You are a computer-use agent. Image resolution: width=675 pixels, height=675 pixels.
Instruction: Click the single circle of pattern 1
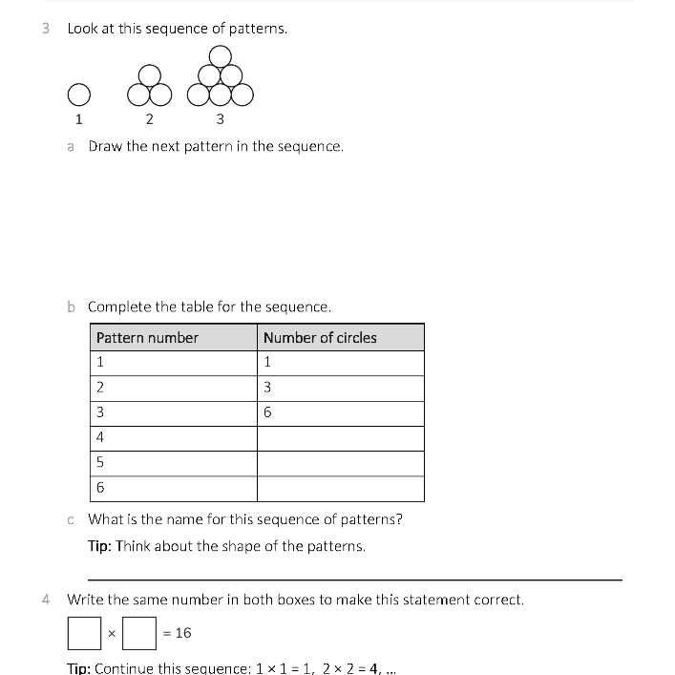point(78,94)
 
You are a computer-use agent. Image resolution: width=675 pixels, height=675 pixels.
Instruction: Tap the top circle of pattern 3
point(220,55)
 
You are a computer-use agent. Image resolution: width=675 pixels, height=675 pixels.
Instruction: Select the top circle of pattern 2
point(149,74)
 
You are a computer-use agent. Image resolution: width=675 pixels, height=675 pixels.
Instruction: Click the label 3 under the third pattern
point(221,119)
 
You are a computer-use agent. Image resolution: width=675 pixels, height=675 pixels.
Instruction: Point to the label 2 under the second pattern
point(149,119)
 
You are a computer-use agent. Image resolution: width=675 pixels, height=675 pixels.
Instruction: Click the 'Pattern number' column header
point(147,337)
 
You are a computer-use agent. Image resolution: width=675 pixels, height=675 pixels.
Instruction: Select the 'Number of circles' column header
point(320,337)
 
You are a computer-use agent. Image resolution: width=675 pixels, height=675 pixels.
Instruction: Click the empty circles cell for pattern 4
point(340,438)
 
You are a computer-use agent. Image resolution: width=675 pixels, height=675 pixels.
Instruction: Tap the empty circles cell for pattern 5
point(340,463)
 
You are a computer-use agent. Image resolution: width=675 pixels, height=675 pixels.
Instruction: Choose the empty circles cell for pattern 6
point(340,489)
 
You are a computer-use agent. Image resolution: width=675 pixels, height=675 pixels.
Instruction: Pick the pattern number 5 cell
point(173,463)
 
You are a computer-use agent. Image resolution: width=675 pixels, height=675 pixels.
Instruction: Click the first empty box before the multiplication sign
point(83,633)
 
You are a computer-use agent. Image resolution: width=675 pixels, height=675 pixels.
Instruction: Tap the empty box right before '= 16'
point(140,633)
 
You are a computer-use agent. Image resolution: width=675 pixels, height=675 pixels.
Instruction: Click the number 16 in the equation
point(183,633)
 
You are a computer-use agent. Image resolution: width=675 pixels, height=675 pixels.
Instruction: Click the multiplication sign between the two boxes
point(112,634)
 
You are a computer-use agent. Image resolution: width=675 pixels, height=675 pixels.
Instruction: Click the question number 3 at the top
point(47,29)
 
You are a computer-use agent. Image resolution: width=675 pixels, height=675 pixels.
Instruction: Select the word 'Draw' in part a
point(105,147)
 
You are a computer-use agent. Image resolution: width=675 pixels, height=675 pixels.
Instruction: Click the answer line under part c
point(354,579)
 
